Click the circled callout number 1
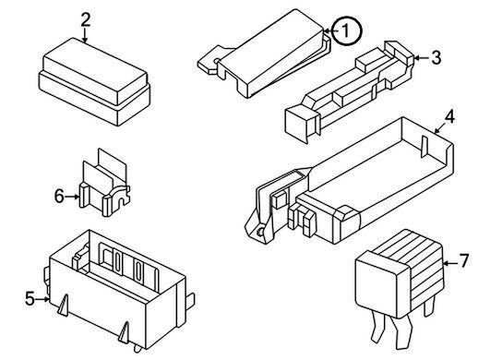[346, 31]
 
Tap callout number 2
[86, 20]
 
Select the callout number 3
[436, 58]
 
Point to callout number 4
[449, 117]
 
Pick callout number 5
[30, 298]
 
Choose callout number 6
[59, 197]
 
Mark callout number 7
[464, 261]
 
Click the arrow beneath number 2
[85, 36]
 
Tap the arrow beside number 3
[421, 58]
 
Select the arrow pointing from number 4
[440, 128]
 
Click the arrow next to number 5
[42, 299]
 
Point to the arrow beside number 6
[72, 197]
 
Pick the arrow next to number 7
[450, 264]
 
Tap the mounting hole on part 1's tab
[216, 61]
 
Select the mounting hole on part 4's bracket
[259, 233]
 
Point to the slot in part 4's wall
[424, 147]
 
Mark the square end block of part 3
[297, 121]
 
